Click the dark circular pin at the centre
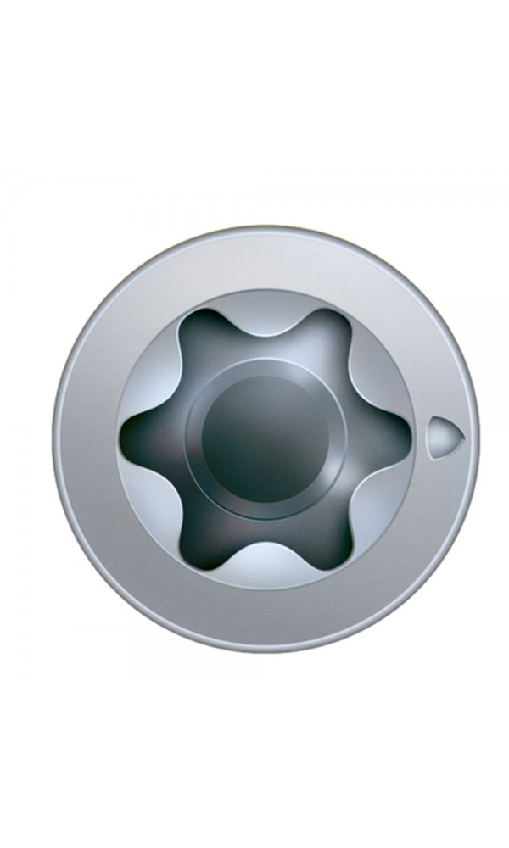click(x=265, y=438)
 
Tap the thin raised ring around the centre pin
click(x=265, y=367)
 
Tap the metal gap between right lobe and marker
click(x=421, y=438)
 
